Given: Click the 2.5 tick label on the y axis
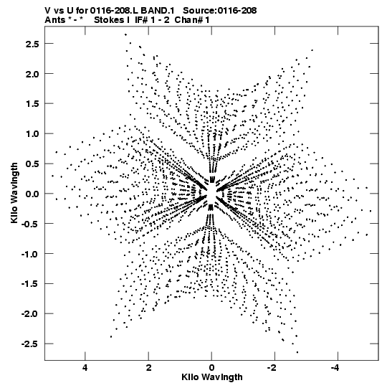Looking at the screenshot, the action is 32,44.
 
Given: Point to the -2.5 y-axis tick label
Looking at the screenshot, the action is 30,344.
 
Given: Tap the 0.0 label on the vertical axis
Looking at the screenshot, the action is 32,194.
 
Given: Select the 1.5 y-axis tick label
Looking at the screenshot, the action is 32,104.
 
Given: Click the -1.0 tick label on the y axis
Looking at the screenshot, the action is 30,254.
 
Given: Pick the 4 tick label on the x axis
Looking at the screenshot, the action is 85,368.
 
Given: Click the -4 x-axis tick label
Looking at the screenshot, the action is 335,368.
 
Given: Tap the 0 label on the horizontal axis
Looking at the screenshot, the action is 211,368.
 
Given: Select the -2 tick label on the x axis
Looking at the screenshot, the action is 272,368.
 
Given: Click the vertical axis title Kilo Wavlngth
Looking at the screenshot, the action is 14,193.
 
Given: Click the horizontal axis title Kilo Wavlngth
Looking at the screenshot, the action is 212,377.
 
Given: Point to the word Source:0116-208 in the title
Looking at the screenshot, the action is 219,11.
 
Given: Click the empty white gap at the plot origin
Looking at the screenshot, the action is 211,193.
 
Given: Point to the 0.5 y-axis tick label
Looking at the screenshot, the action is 32,164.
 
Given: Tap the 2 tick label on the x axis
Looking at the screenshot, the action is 148,368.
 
